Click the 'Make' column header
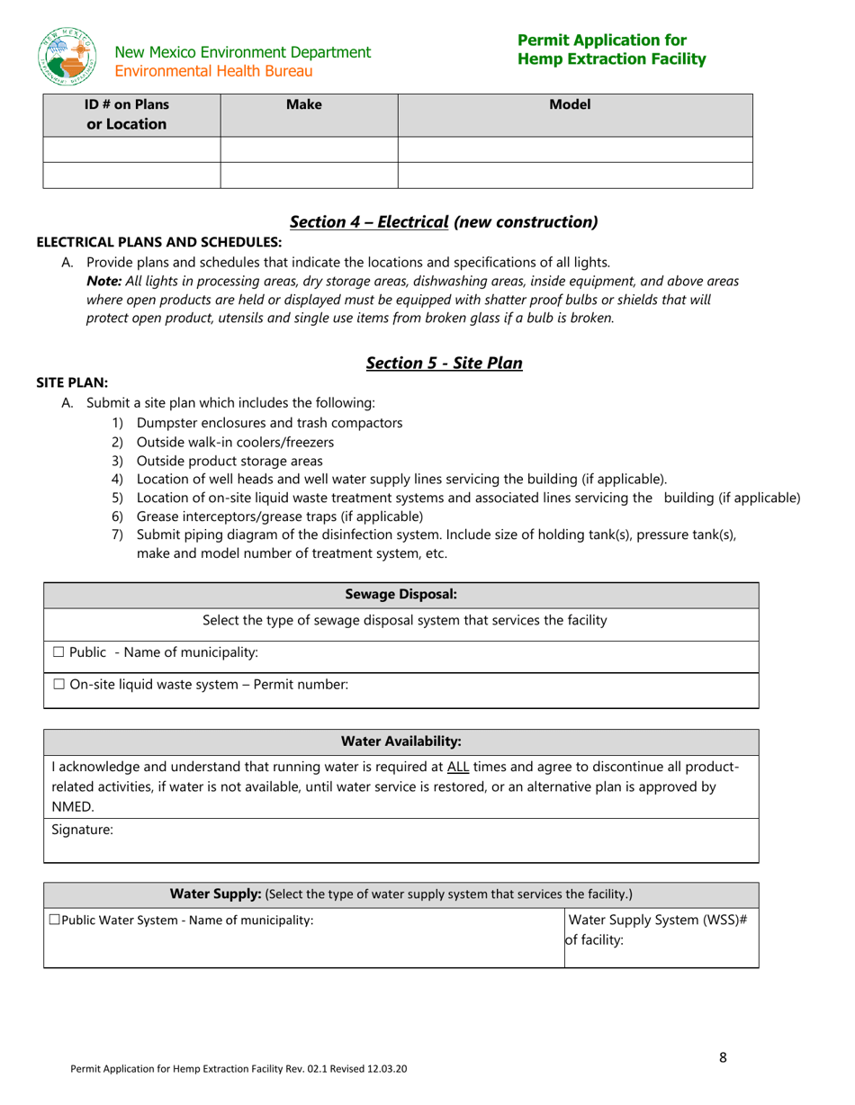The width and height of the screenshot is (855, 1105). tap(303, 105)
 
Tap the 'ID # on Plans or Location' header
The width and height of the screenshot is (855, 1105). tap(127, 114)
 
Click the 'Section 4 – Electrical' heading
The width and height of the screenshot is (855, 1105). tap(369, 221)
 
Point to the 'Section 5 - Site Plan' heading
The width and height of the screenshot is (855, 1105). tap(444, 363)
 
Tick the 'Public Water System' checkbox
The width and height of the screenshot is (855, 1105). tap(54, 920)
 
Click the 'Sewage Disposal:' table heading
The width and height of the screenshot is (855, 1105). tap(400, 595)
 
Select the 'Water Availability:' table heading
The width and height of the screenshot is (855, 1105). tap(400, 741)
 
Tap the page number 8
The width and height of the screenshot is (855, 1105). tap(723, 1058)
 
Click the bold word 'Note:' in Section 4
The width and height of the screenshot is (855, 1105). tap(103, 281)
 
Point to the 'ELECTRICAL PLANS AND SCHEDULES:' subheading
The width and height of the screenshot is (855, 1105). tap(158, 242)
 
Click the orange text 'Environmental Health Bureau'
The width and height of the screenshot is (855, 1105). tap(214, 70)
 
